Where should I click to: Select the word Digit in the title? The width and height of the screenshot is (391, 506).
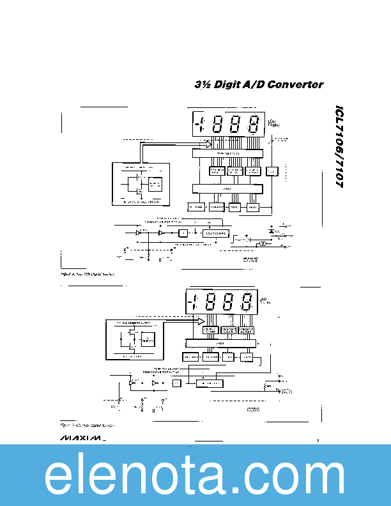tap(229, 84)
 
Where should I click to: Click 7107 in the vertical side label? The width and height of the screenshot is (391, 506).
tap(339, 172)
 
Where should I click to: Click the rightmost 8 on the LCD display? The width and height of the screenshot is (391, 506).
tap(254, 124)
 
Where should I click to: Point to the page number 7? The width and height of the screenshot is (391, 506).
tap(318, 440)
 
